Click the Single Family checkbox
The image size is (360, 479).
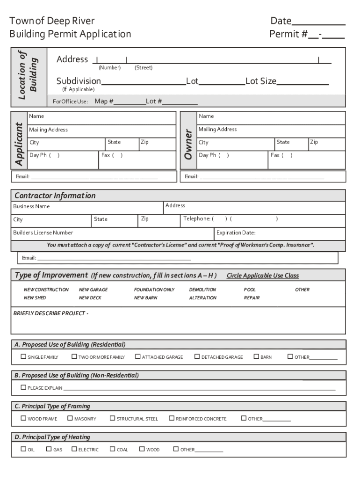pos(23,356)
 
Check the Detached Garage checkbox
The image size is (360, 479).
pos(197,356)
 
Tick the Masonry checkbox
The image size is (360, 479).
pos(70,418)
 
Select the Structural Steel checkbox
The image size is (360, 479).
pos(112,418)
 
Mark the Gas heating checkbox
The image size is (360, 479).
pos(49,449)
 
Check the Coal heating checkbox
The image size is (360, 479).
pos(112,449)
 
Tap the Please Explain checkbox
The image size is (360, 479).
pos(23,387)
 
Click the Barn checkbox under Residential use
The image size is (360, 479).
pos(256,356)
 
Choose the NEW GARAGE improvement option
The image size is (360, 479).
pos(93,290)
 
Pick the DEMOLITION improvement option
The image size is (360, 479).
pos(202,290)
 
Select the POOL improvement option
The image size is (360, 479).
pos(250,290)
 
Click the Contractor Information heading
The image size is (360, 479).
pos(55,196)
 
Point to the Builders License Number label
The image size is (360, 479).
pos(43,232)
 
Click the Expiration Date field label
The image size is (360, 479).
pos(236,232)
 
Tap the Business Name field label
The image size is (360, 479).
pos(31,206)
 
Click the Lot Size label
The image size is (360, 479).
pos(261,81)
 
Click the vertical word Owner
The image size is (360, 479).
pos(188,144)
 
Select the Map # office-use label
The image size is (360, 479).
pos(104,102)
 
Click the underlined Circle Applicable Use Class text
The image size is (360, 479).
pos(262,276)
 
